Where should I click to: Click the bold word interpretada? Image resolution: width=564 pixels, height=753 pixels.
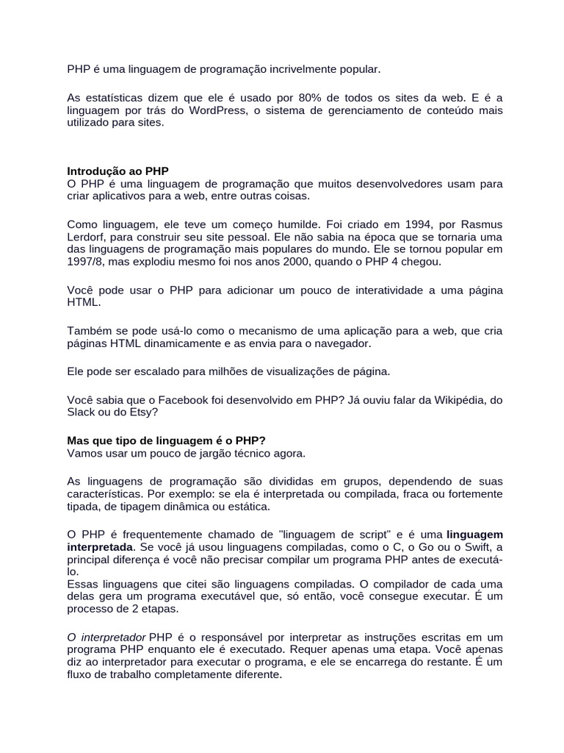(x=100, y=547)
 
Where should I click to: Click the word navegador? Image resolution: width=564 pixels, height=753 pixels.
(x=344, y=343)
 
